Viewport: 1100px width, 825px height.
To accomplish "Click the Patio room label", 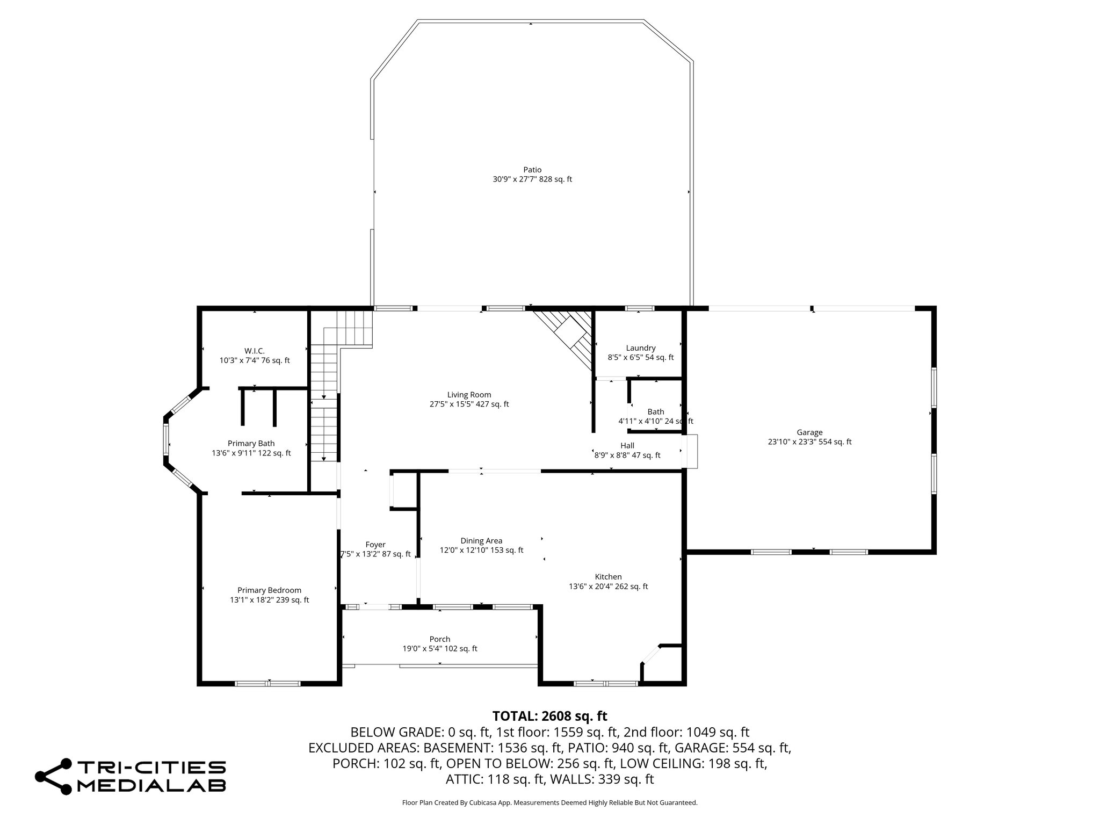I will tap(532, 170).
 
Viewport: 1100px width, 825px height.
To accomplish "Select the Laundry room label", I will tap(640, 348).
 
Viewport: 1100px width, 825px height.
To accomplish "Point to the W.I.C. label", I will tap(254, 351).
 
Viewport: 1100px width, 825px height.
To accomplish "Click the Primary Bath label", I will tap(251, 443).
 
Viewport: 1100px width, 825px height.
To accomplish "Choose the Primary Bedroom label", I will tap(269, 590).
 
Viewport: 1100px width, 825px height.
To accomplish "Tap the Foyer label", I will tap(375, 545).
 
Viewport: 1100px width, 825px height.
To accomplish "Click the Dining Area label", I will tap(481, 541).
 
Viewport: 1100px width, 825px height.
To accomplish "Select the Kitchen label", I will tap(608, 577).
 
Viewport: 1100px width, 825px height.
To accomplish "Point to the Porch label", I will tap(439, 639).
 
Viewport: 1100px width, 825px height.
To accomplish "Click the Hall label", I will tap(627, 445).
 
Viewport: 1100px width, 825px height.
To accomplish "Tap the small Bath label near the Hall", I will tap(655, 412).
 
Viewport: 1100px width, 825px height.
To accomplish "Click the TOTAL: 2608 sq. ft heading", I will tap(549, 716).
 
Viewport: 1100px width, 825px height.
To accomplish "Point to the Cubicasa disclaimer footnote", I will tap(549, 803).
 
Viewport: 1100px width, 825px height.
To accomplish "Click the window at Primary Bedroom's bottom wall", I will tap(267, 683).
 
